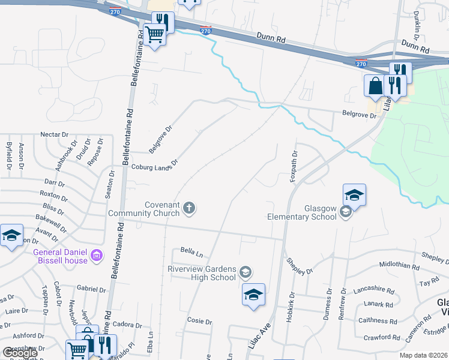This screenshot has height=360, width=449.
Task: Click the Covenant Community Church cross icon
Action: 189,209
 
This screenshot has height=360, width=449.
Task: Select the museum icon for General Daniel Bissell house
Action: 95,257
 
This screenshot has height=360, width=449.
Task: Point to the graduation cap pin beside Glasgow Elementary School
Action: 354,196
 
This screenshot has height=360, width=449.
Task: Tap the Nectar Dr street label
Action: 56,134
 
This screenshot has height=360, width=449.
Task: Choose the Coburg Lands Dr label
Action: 155,165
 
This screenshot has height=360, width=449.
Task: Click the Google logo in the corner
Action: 20,353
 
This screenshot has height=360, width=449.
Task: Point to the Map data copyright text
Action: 424,355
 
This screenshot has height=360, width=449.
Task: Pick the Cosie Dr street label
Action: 200,322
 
